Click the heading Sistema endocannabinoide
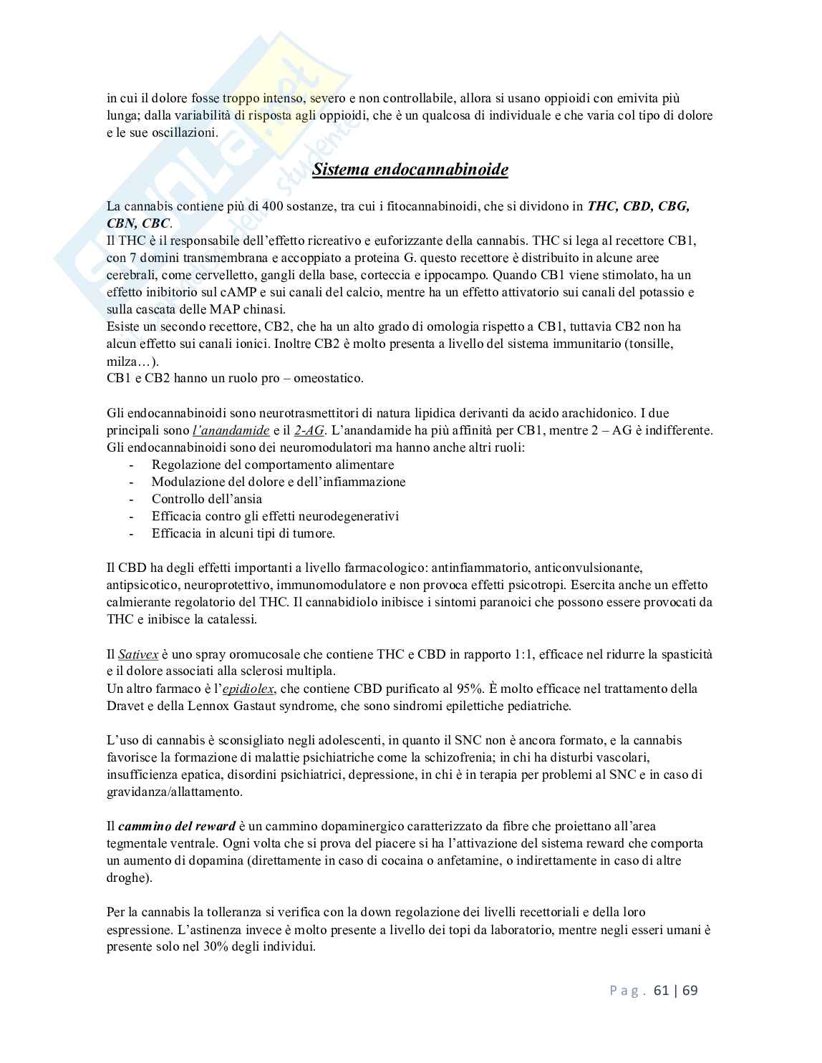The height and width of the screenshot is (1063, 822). coord(410,170)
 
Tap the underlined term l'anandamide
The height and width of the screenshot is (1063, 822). coord(231,430)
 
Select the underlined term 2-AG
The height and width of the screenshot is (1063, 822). coord(309,430)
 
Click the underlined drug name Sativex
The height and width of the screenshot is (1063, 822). coord(138,654)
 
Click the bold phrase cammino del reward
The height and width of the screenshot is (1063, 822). coord(177,826)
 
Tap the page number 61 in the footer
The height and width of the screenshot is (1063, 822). coord(661,990)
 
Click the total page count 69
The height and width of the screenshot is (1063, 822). coord(690,990)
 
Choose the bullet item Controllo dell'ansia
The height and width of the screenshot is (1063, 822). coord(207,499)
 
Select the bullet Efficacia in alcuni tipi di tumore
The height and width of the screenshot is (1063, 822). coord(243,533)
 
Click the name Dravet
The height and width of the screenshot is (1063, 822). coord(127,706)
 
